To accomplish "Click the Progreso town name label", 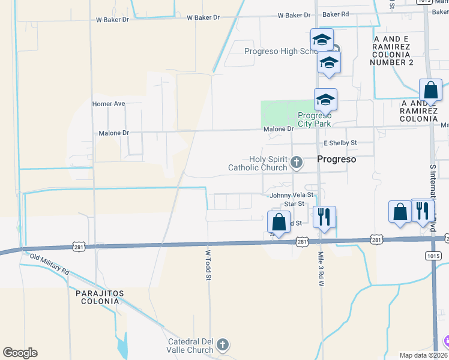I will (336, 160).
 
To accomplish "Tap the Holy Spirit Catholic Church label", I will (258, 163).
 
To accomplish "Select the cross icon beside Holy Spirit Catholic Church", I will (296, 162).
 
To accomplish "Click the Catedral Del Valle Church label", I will (191, 346).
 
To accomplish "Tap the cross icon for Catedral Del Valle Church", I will (223, 344).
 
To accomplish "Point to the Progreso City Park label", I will (315, 119).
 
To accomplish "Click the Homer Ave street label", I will (108, 104).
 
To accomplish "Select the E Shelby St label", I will (340, 143).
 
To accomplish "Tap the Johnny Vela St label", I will (292, 195).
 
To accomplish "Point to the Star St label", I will (294, 204).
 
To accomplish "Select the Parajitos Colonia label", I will (100, 298).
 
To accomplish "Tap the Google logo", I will (20, 353).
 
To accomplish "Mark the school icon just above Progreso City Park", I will (325, 100).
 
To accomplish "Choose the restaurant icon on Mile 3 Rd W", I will (324, 217).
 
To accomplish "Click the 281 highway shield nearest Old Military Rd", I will (79, 247).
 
